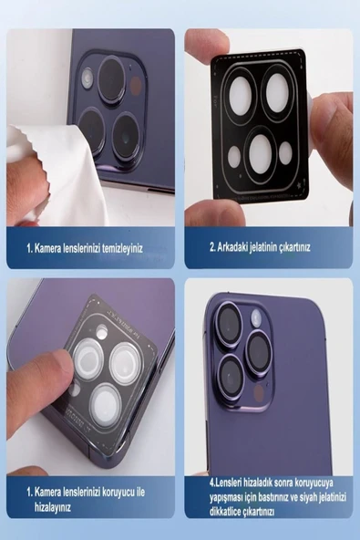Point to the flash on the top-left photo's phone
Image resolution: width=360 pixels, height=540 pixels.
tap(87, 78)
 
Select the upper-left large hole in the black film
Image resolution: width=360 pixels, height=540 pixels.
tap(241, 96)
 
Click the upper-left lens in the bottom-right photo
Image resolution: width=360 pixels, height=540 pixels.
tap(229, 324)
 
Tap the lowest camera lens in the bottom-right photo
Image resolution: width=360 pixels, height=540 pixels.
tap(230, 376)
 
